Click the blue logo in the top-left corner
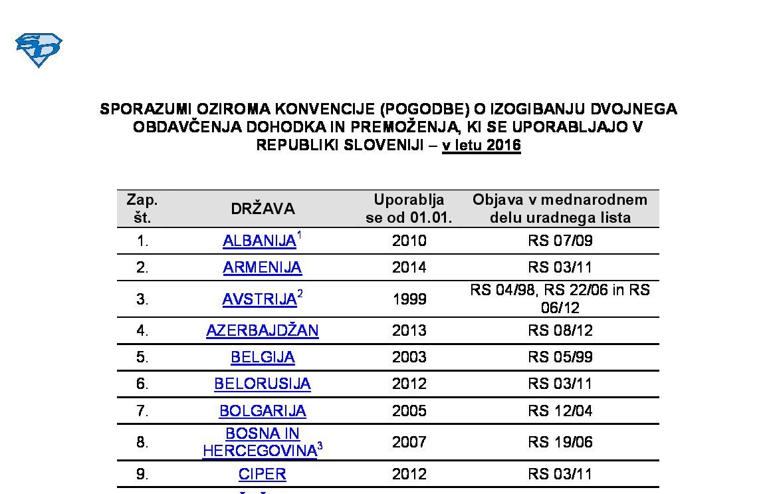click(39, 50)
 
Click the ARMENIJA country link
click(262, 267)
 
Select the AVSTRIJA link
click(259, 299)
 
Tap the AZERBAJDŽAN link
click(262, 330)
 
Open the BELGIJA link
click(263, 357)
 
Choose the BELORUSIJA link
click(262, 384)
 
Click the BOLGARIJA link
click(263, 411)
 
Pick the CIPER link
click(263, 474)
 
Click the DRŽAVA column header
click(263, 209)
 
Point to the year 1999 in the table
click(409, 299)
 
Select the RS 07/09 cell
click(560, 241)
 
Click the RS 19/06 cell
click(560, 442)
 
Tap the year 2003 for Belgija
click(409, 357)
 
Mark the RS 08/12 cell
click(560, 330)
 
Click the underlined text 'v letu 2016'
click(481, 146)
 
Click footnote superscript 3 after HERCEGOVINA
click(320, 446)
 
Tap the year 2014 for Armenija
click(409, 267)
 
